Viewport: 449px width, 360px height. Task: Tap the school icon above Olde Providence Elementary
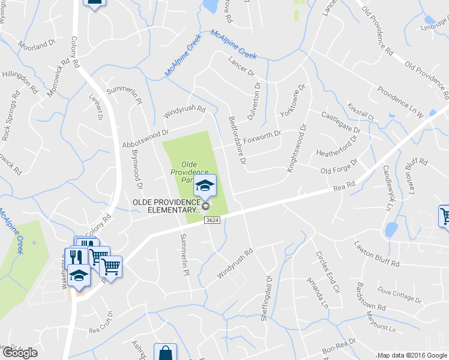[x=205, y=185]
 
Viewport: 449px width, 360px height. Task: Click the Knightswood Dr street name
[x=297, y=149]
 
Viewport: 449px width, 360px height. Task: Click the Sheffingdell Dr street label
[x=265, y=298]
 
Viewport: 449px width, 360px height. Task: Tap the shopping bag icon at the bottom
[x=165, y=353]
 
